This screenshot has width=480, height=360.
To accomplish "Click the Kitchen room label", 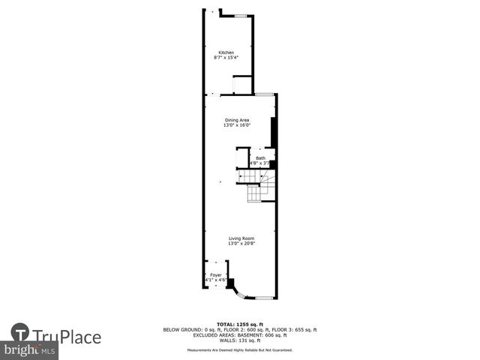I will (x=226, y=52).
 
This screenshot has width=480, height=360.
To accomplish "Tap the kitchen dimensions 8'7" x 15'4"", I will (x=226, y=58).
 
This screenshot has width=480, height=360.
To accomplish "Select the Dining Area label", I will (x=237, y=120).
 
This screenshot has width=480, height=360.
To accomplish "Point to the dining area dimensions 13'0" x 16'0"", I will (x=236, y=125).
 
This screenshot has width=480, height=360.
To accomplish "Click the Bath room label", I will (x=260, y=158).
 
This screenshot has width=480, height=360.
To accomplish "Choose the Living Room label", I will (x=241, y=238).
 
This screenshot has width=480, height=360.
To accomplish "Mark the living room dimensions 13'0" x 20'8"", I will (x=241, y=244).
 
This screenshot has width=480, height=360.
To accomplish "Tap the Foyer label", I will (x=216, y=275).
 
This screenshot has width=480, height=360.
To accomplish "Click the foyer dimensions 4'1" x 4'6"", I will (x=216, y=280).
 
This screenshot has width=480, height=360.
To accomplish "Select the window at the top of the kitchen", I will (x=242, y=16).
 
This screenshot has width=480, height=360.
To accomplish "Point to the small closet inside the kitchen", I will (x=242, y=85).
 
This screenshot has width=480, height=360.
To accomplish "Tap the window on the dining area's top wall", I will (x=263, y=94).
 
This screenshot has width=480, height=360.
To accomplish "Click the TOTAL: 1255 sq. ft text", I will (x=240, y=325).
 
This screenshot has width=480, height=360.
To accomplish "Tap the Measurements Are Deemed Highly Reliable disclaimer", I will (x=240, y=349).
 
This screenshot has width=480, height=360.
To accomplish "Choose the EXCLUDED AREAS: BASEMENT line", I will (x=240, y=334).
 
